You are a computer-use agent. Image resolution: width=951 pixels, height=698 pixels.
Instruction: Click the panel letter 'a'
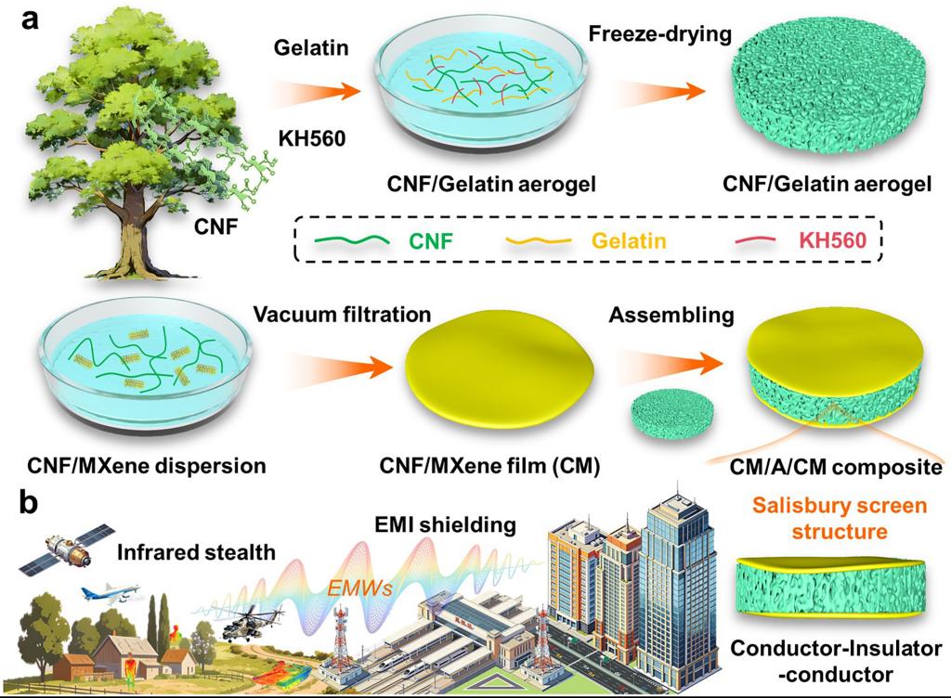pyautogui.click(x=29, y=19)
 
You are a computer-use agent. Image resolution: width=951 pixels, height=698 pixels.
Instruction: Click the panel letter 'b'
pyautogui.click(x=28, y=502)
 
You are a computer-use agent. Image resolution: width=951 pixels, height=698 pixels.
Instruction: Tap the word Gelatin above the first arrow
pyautogui.click(x=311, y=48)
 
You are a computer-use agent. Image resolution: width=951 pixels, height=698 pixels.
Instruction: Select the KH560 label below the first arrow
pyautogui.click(x=312, y=138)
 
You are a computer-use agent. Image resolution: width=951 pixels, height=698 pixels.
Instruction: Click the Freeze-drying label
pyautogui.click(x=660, y=34)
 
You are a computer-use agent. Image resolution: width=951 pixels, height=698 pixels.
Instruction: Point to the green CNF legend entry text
pyautogui.click(x=431, y=241)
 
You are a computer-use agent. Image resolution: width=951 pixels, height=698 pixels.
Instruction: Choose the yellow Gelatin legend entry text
pyautogui.click(x=629, y=241)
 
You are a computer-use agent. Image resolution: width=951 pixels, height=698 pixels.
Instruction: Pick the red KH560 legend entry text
pyautogui.click(x=833, y=240)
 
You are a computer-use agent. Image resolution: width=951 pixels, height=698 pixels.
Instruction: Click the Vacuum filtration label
pyautogui.click(x=342, y=315)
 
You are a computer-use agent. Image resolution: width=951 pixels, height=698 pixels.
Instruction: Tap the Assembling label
pyautogui.click(x=671, y=316)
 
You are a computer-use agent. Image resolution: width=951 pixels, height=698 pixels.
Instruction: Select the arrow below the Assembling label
pyautogui.click(x=671, y=364)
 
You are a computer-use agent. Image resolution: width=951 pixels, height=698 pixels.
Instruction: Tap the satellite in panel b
pyautogui.click(x=67, y=549)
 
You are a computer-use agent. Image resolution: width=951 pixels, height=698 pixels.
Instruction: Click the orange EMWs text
pyautogui.click(x=359, y=588)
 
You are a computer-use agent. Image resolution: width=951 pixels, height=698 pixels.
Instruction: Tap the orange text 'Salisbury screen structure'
pyautogui.click(x=840, y=519)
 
